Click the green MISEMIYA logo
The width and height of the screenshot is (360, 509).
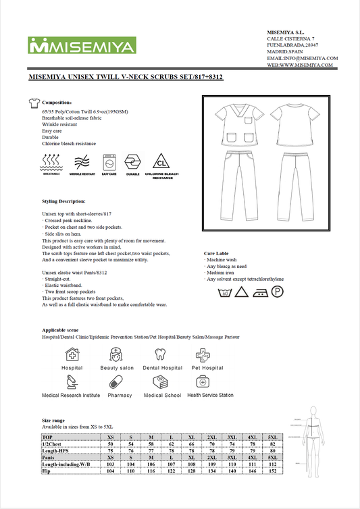coord(82,46)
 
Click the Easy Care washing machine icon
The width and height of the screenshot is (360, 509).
coord(109,162)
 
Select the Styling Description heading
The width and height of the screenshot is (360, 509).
coord(63,201)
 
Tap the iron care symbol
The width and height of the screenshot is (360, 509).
coord(259,292)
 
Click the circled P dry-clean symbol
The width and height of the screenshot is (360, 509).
coord(277,292)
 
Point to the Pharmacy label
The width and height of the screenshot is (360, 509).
coord(120,395)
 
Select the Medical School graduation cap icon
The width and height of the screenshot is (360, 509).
coord(161,382)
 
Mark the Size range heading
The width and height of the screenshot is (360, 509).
coord(53,420)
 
